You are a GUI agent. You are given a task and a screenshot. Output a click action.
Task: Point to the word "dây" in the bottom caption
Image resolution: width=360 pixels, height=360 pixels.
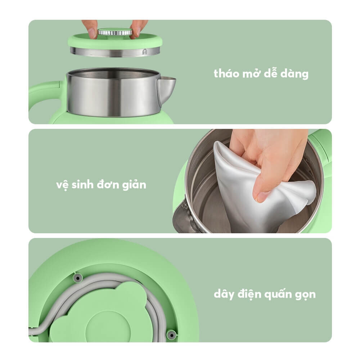point(224,294)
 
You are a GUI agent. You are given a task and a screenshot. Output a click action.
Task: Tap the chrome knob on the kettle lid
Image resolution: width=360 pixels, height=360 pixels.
point(115,32)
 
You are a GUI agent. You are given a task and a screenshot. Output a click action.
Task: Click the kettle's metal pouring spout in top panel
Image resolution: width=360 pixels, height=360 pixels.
point(166,86)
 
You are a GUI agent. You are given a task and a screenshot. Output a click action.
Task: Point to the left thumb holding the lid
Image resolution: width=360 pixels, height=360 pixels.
point(91,32)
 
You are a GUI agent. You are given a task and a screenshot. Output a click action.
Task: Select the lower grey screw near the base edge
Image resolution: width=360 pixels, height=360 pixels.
point(172,334)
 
